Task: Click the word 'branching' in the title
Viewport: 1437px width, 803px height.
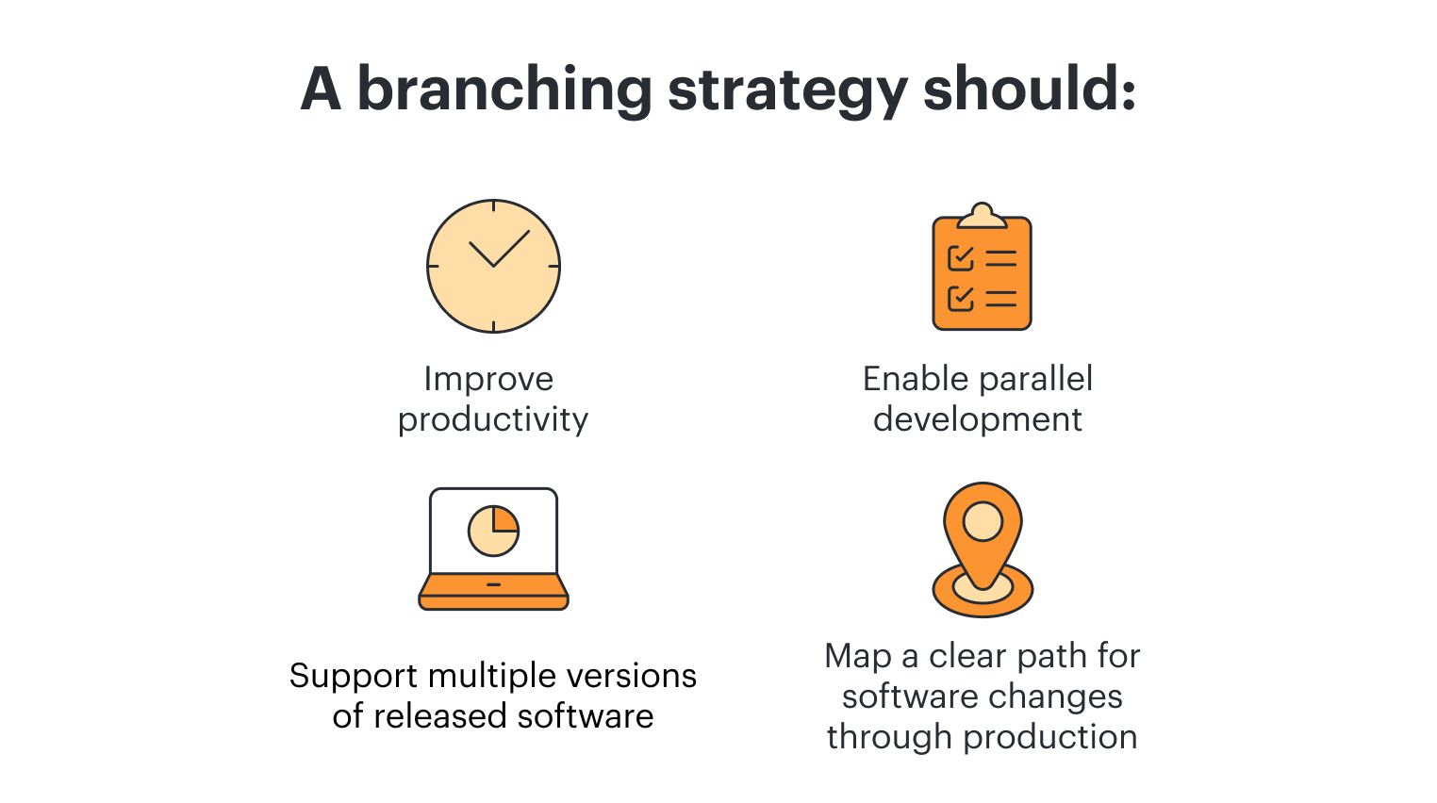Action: (x=504, y=90)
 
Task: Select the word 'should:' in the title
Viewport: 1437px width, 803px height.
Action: (x=1029, y=90)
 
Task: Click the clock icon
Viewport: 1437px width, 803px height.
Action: (x=493, y=266)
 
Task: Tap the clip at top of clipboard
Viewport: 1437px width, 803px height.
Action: (x=982, y=217)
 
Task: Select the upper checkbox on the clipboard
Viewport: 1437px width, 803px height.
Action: (x=960, y=257)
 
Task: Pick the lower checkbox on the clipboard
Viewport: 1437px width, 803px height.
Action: (x=960, y=299)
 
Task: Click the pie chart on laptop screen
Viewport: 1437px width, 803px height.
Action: (x=493, y=531)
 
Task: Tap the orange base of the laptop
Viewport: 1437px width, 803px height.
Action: (x=493, y=591)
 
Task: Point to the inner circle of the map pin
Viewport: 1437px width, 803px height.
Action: (x=983, y=521)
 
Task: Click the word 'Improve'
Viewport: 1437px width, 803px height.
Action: (x=488, y=379)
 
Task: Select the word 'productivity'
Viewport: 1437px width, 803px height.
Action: (x=492, y=419)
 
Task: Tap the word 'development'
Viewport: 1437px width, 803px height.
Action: (x=977, y=419)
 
